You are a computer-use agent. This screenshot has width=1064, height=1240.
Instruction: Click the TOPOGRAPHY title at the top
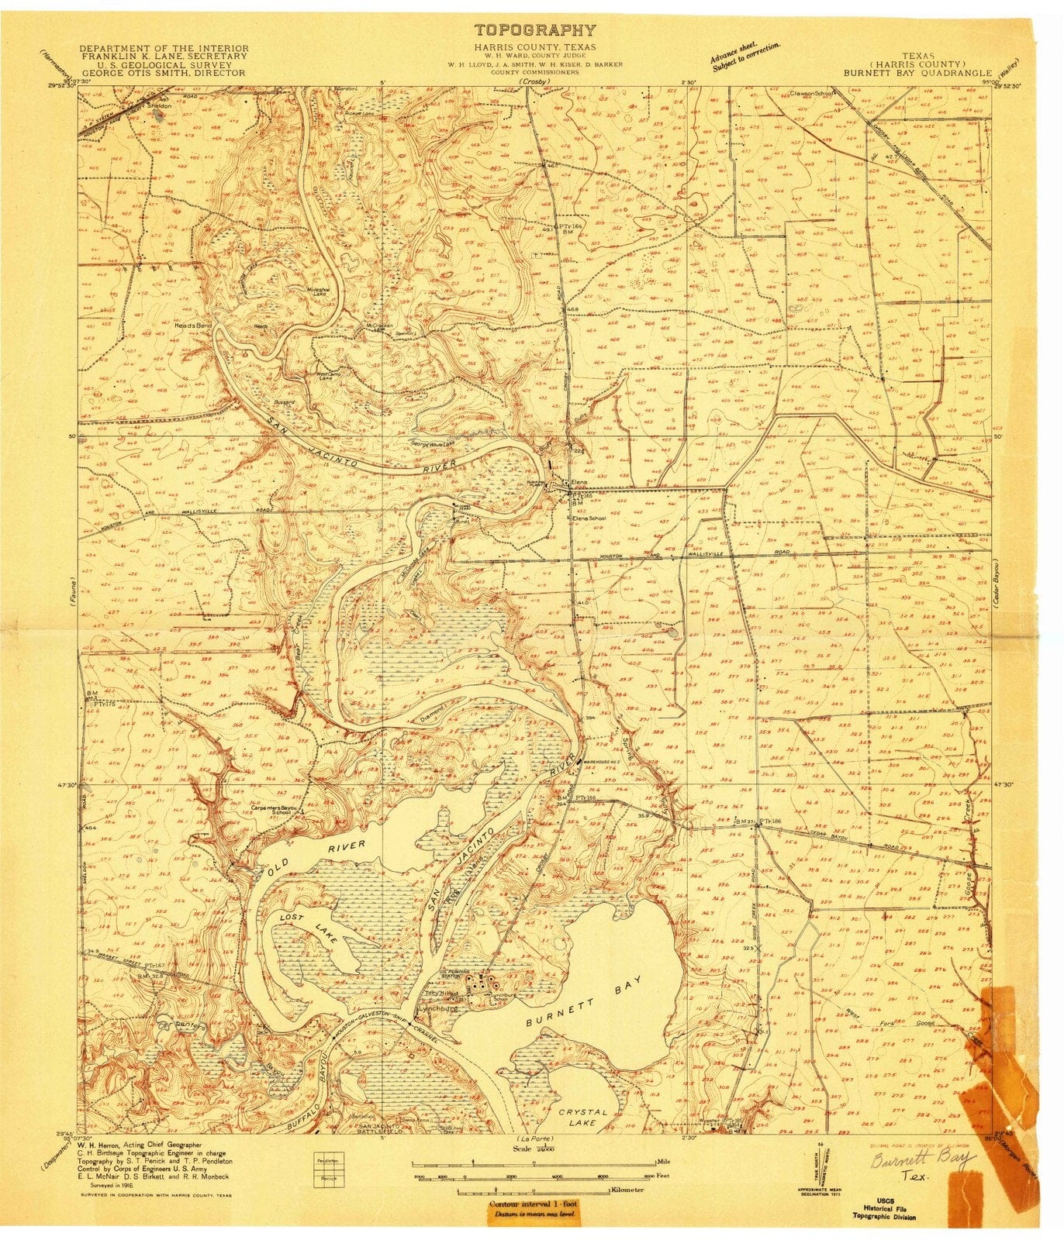tap(535, 31)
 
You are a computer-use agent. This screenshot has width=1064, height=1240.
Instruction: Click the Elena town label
tap(580, 482)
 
